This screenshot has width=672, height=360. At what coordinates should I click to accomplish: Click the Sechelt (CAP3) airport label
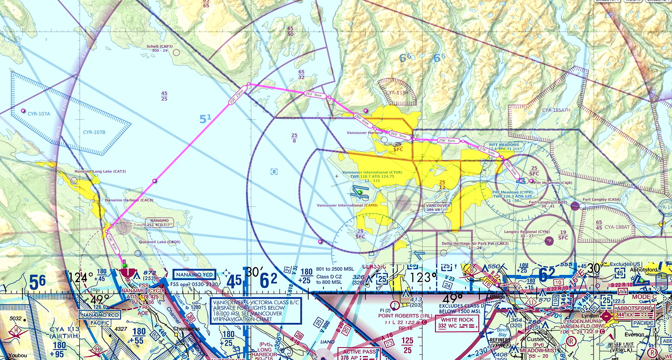pyautogui.click(x=159, y=46)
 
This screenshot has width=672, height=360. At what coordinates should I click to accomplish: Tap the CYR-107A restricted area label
pyautogui.click(x=39, y=114)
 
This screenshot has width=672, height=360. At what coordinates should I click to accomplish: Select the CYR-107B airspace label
pyautogui.click(x=94, y=132)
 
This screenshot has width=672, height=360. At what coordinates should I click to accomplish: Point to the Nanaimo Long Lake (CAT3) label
pyautogui.click(x=100, y=171)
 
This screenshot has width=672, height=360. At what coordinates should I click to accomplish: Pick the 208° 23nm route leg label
pyautogui.click(x=237, y=94)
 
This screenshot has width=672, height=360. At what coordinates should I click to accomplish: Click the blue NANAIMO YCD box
pyautogui.click(x=194, y=274)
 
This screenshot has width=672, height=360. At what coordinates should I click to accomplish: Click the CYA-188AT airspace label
pyautogui.click(x=617, y=227)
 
